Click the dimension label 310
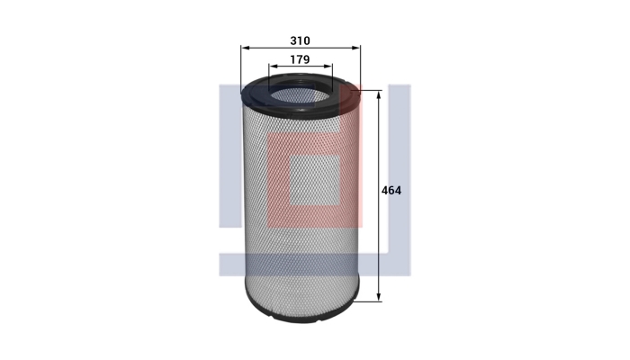(300, 40)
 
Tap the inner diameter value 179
(300, 59)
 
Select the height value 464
(391, 191)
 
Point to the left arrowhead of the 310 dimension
(245, 48)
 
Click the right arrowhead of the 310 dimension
(356, 48)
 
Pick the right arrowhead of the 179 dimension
(328, 67)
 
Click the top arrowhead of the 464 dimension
(379, 95)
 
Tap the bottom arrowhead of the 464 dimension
(379, 297)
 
